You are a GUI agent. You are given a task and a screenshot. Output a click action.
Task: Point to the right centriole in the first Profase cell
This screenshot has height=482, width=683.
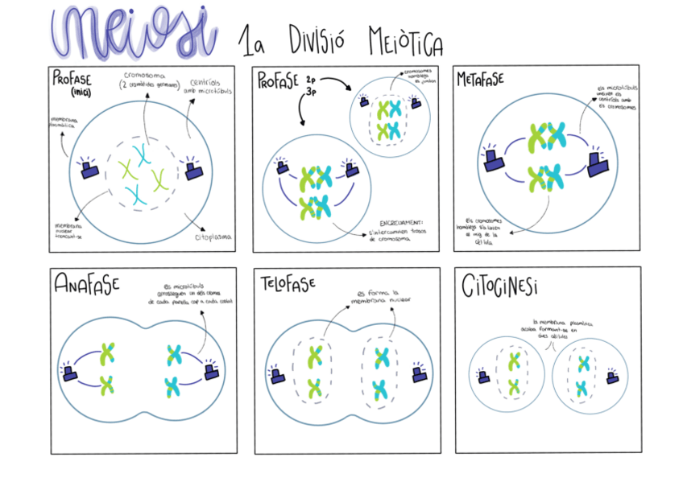click(x=193, y=169)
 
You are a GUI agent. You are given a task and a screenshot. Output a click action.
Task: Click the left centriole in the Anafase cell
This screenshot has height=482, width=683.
click(x=70, y=373)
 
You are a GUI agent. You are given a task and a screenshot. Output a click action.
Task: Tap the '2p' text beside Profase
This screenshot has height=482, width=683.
click(x=311, y=81)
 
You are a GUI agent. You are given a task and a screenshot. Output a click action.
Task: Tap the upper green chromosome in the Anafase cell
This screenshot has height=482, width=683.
click(x=107, y=353)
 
